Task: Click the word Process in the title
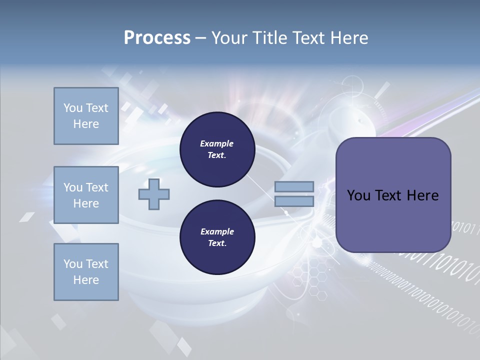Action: (x=157, y=38)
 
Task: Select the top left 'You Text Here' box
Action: (x=86, y=116)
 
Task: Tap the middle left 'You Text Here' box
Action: (x=86, y=195)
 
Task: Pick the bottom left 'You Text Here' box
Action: (x=86, y=272)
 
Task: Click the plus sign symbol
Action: (x=154, y=195)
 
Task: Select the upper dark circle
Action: (x=217, y=149)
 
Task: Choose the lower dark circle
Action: (x=217, y=237)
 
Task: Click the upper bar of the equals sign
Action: (x=294, y=187)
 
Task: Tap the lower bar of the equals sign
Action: (x=294, y=201)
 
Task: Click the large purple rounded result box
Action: (x=393, y=195)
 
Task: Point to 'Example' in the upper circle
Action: (x=217, y=143)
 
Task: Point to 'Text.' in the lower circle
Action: (x=217, y=243)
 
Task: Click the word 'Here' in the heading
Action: (x=349, y=38)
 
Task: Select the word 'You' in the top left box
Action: (x=73, y=108)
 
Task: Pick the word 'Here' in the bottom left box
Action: (x=86, y=280)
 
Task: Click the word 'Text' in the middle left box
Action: (x=96, y=187)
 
